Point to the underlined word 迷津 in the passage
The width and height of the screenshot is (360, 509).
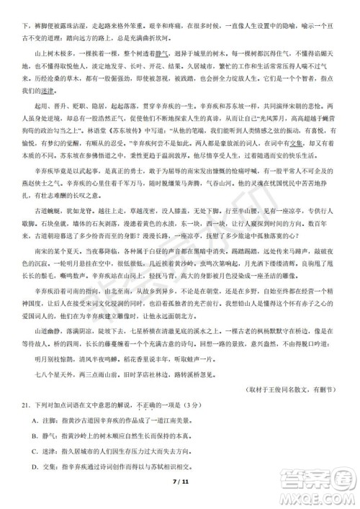point(47,91)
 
